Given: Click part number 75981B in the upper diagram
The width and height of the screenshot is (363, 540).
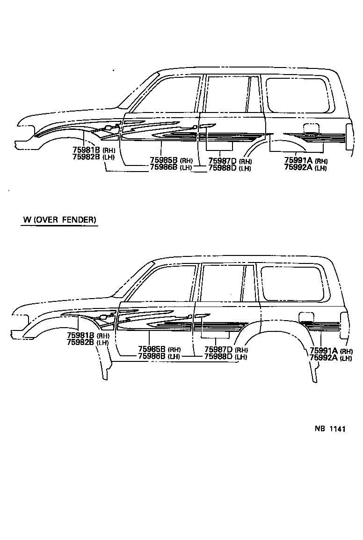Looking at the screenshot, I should coord(87,150).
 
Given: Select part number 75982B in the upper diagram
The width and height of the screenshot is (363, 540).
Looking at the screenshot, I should coord(87,157).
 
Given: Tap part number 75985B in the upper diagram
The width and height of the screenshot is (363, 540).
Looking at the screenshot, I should coord(164,160).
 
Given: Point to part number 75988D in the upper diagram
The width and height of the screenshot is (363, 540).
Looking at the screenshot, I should coord(222,168).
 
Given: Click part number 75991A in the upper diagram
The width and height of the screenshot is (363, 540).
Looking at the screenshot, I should coord(298,161).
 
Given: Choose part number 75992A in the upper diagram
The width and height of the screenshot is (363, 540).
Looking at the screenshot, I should coord(298,168).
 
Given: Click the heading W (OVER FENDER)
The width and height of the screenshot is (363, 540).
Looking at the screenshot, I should coord(59,219).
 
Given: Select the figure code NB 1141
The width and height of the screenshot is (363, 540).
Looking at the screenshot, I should coord(329,428).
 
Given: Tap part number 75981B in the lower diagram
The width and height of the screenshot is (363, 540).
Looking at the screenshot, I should coord(81,335).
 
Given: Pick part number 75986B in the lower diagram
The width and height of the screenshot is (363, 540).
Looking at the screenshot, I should coord(152,356).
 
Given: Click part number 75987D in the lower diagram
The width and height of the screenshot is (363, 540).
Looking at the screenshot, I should coord(218,349).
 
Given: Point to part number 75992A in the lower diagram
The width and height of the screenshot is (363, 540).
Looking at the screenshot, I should coord(324,358).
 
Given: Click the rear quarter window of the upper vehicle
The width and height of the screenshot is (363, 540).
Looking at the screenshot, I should coord(298,95).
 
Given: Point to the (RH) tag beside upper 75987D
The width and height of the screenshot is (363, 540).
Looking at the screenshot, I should coord(245,161).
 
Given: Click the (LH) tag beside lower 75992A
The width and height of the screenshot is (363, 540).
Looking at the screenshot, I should coord(346,359).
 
